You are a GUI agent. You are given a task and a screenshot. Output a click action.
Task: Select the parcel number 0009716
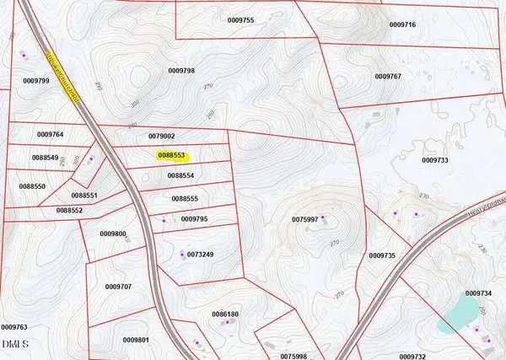pos(402,25)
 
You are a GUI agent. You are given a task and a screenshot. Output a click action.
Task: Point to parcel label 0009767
pos(386,77)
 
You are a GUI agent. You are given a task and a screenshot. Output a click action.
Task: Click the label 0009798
pos(182,71)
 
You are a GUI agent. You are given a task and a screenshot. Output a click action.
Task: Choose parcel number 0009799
pos(37,80)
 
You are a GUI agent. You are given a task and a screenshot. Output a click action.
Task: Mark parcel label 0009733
pos(433,159)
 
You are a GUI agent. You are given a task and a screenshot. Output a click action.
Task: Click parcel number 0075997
pos(304,219)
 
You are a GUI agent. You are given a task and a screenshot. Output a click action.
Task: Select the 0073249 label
pos(201,254)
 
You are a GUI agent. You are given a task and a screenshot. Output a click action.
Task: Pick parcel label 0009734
pos(477,293)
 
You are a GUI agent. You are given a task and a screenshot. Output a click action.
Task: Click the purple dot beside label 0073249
pos(183,254)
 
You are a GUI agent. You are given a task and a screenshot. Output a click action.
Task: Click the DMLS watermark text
pos(15,344)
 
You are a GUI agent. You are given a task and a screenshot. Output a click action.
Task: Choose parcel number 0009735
pos(382,255)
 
